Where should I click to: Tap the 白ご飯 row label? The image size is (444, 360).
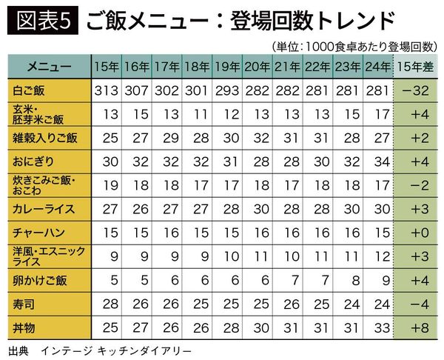[27, 90]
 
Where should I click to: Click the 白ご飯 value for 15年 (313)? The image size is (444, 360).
[107, 90]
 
